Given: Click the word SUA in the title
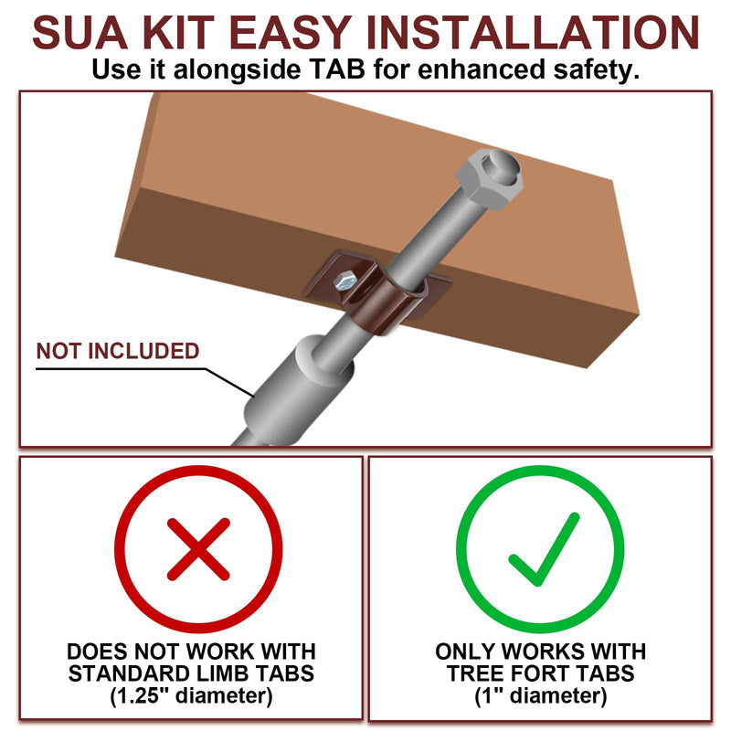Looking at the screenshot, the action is [79, 33].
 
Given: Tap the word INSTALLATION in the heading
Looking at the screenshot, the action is [533, 33].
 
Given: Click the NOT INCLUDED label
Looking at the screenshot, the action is [118, 351].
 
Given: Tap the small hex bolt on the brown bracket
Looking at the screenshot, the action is [344, 281].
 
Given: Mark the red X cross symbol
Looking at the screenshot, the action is [198, 549].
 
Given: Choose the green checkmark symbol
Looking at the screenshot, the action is [544, 549].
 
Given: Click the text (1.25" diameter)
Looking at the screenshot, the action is [191, 696].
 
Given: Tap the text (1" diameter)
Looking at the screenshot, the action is [541, 696].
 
